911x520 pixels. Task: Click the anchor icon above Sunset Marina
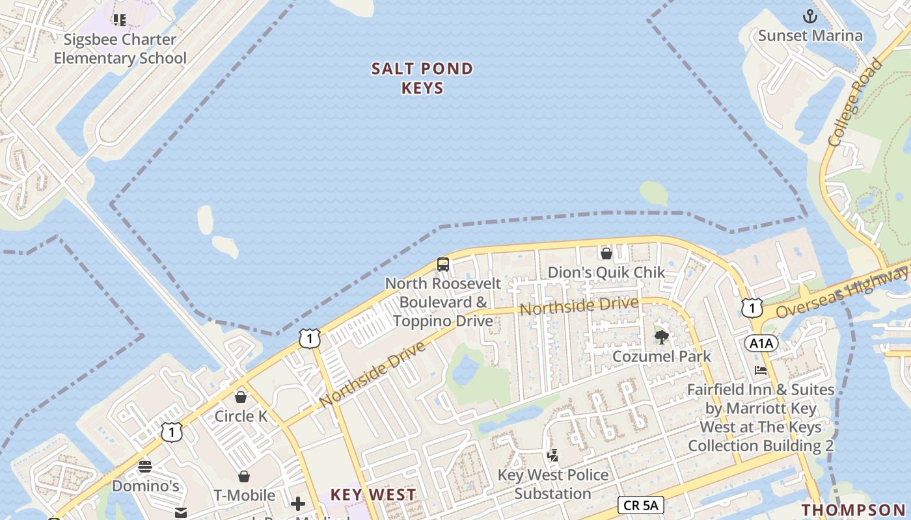[x=810, y=16]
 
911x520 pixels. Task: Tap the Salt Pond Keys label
[x=422, y=78]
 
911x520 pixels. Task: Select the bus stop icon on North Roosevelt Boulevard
[x=443, y=264]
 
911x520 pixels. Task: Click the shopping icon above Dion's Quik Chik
[x=606, y=253]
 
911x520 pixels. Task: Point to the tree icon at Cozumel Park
[x=662, y=337]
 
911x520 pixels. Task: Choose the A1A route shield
[x=761, y=343]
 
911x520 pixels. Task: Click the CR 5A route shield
[x=640, y=505]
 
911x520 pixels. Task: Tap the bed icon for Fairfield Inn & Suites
[x=760, y=370]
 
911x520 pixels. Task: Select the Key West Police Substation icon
[x=552, y=456]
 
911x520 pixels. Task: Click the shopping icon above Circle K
[x=241, y=396]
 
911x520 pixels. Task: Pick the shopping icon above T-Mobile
[x=244, y=476]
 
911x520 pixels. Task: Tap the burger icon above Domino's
[x=145, y=466]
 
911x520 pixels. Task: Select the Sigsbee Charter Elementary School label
[x=120, y=49]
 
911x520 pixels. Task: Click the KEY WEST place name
[x=373, y=495]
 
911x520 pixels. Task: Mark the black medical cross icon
[x=298, y=504]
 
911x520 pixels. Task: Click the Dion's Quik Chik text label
[x=606, y=272]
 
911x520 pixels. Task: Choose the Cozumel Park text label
[x=662, y=356]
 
